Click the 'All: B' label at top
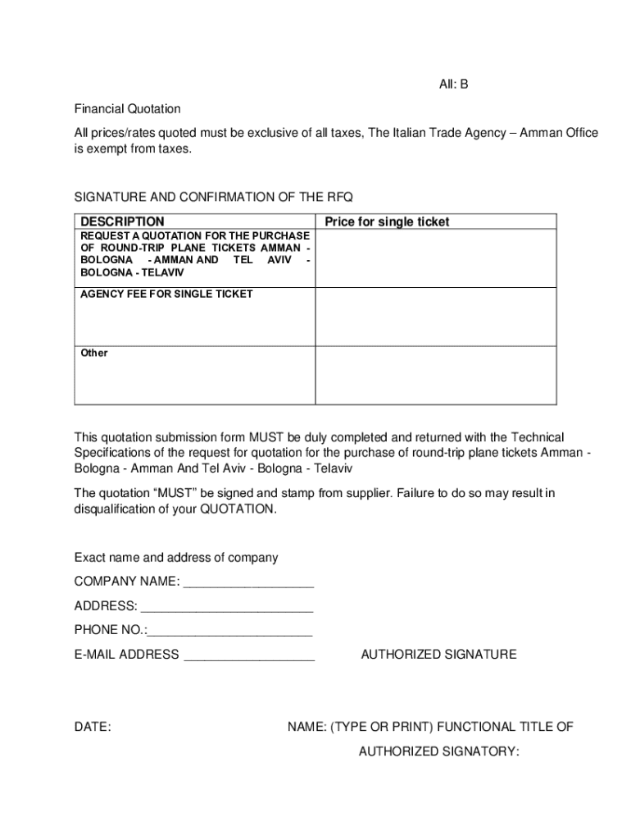click(451, 84)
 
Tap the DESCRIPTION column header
click(121, 221)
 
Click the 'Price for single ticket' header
click(387, 221)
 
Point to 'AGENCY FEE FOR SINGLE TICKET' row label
click(166, 294)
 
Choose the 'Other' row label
click(93, 353)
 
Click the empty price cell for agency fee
click(436, 317)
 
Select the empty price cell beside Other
click(436, 376)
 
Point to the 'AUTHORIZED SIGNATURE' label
click(438, 655)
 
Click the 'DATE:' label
click(93, 727)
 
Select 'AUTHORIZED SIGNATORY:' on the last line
click(438, 751)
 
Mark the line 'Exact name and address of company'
click(176, 558)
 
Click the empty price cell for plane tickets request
click(436, 258)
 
